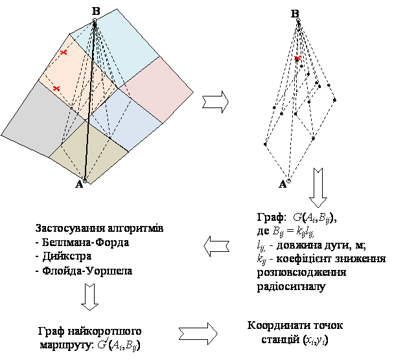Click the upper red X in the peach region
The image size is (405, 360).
64,52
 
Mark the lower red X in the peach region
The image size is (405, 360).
56,88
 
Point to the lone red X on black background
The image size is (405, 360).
297,58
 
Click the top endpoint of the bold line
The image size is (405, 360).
95,21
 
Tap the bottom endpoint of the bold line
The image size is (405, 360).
84,180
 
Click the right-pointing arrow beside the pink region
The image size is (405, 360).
216,102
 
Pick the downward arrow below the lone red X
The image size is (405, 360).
318,188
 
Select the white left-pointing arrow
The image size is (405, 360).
216,246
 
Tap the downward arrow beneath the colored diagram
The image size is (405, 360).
90,296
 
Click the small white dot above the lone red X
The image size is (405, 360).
297,20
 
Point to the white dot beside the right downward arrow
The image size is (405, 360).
288,182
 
